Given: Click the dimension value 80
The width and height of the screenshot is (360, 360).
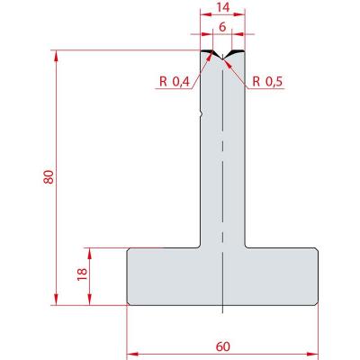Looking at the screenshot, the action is [x=49, y=177].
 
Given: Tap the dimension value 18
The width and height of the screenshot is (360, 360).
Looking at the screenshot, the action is [x=82, y=274].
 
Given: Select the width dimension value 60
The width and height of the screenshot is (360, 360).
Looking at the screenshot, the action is [x=222, y=346].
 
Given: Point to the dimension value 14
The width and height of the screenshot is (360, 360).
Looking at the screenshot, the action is [x=223, y=7].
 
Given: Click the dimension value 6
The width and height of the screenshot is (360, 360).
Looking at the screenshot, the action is [x=222, y=27].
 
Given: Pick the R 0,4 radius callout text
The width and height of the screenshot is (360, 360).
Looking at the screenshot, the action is [x=175, y=81].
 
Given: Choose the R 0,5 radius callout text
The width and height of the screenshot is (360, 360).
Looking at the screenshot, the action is [x=267, y=81].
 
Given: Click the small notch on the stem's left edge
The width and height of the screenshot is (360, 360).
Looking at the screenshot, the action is [x=202, y=114].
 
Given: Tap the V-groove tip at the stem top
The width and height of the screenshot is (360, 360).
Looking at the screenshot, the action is [x=222, y=58].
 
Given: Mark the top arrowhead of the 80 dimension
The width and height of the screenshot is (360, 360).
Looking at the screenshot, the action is [x=56, y=56].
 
